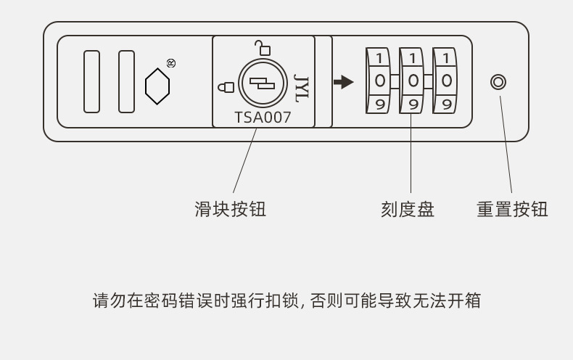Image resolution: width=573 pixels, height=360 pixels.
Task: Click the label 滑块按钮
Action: pos(231,210)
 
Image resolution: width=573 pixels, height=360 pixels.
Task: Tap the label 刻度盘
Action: pos(408,210)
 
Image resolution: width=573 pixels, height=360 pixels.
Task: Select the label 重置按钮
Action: pos(512,210)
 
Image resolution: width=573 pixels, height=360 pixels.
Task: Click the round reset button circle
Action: pos(498,81)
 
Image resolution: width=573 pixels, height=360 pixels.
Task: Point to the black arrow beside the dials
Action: pos(344,81)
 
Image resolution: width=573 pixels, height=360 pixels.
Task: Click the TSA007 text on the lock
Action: pos(263,117)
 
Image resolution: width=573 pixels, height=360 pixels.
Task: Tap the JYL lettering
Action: pos(301,86)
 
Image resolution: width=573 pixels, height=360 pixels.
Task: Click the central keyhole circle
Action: pos(263,82)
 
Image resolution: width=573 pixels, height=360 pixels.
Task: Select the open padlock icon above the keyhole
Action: pos(263,48)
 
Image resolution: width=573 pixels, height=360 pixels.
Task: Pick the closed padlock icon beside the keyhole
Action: pos(226,87)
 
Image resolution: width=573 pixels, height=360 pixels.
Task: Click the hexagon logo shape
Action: pos(157,86)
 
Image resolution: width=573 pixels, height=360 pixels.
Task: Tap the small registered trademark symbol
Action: pos(171,63)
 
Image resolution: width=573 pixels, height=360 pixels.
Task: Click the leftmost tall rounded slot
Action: pos(91,81)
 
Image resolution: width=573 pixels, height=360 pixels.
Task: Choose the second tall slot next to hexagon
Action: pos(126,81)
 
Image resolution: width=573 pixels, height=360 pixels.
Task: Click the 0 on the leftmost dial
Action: pos(380,81)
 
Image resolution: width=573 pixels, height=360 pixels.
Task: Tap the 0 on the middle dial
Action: pos(413,81)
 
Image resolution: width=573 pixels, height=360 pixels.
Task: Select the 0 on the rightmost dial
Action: pos(446,81)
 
